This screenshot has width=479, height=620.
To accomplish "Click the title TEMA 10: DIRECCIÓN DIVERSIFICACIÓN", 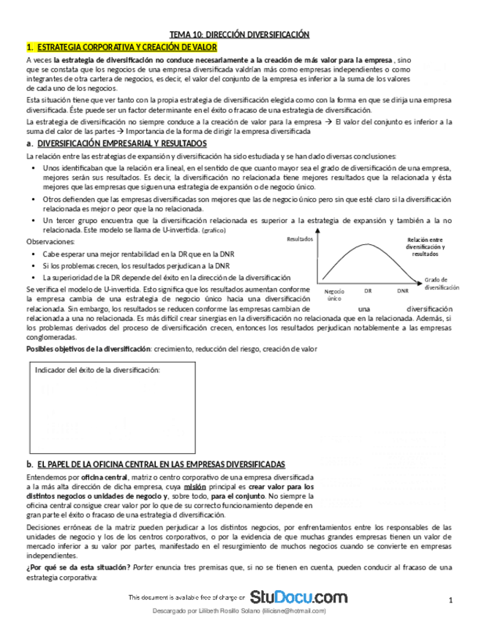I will [240, 34].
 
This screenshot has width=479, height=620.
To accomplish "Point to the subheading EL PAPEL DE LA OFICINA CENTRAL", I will [160, 464].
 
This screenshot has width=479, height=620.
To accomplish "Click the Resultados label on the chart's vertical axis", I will [300, 239].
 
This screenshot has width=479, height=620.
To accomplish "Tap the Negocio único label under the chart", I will [334, 295].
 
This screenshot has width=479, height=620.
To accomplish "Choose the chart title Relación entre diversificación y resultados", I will [424, 246].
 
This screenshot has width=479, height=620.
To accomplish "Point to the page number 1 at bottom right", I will [451, 600].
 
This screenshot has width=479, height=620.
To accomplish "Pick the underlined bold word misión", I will [195, 486].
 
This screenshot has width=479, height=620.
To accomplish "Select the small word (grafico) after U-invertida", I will [214, 230].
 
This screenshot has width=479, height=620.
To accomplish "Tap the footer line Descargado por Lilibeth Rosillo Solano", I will [239, 610].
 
